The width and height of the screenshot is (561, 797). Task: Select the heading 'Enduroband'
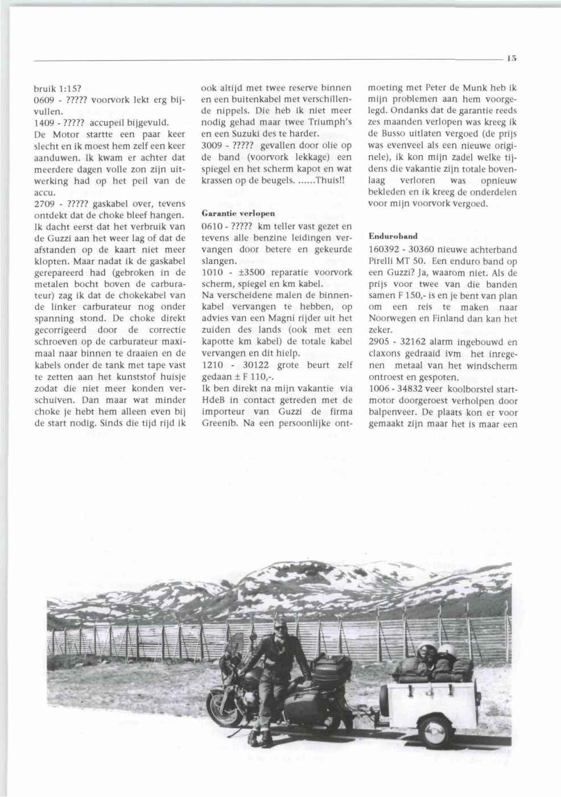coord(393,235)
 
